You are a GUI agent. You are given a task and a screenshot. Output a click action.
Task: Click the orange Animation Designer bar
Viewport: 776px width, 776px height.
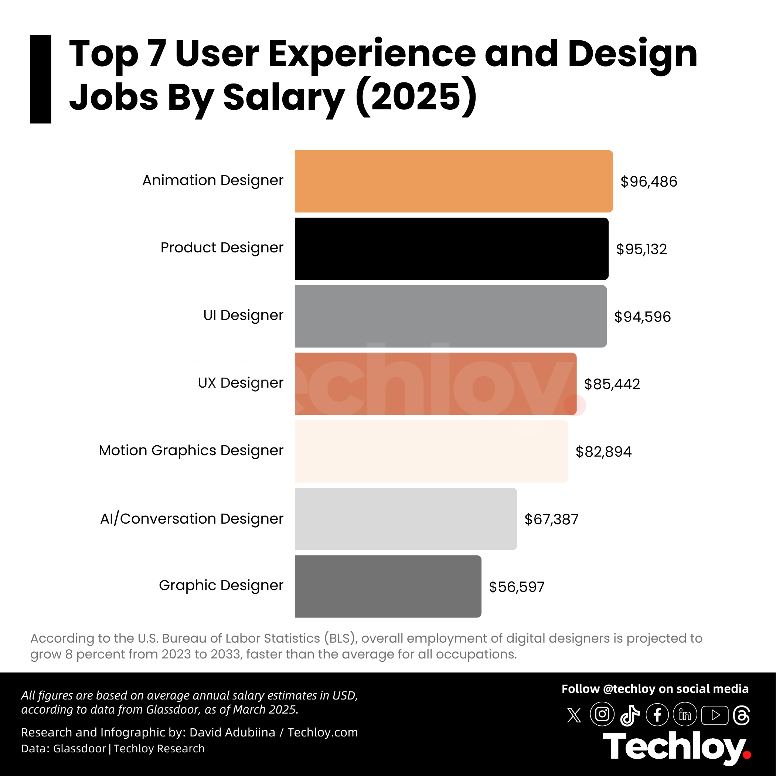[453, 181]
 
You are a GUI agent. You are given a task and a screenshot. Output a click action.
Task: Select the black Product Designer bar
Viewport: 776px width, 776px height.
[452, 249]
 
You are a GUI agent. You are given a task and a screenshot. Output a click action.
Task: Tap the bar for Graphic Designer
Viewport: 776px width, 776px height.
[388, 586]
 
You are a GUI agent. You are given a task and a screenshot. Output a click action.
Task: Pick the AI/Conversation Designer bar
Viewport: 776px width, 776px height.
[406, 519]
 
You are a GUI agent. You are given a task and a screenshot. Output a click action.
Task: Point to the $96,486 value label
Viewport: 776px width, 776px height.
[649, 181]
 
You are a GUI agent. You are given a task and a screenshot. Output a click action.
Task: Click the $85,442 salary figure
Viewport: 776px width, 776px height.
[612, 384]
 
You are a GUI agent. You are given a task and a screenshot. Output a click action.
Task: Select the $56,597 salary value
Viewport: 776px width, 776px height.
[517, 587]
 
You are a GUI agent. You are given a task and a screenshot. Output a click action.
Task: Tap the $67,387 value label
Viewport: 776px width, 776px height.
[551, 519]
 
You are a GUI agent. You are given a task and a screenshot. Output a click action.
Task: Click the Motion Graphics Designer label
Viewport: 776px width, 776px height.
[191, 451]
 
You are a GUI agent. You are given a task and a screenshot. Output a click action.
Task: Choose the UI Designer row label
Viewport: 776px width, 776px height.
[244, 315]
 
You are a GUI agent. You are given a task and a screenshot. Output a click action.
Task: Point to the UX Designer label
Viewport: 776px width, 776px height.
[241, 383]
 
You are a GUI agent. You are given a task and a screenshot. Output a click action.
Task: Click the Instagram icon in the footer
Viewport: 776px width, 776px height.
[602, 714]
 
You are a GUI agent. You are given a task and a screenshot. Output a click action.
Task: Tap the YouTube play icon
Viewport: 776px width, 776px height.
[715, 715]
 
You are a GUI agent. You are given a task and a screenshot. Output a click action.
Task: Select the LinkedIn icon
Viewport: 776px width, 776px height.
[685, 715]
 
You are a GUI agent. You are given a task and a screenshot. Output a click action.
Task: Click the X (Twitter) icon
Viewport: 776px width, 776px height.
[574, 715]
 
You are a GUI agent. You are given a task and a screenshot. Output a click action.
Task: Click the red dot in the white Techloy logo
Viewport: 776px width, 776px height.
[747, 755]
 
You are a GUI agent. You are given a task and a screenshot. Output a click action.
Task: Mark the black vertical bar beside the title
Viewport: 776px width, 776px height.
[41, 79]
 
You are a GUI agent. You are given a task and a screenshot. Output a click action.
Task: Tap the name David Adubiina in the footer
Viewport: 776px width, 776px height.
[232, 732]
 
